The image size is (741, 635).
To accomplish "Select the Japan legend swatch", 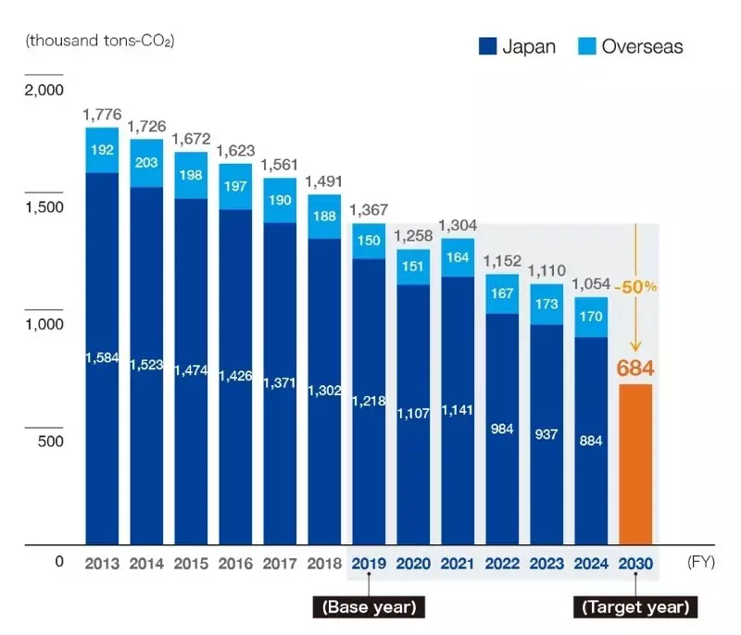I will pyautogui.click(x=487, y=46).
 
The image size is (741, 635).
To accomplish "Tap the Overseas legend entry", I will pyautogui.click(x=629, y=46).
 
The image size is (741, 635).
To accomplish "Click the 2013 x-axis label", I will pyautogui.click(x=102, y=563).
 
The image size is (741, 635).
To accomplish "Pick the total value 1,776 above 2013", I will pyautogui.click(x=102, y=114).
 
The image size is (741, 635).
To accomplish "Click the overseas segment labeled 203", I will pyautogui.click(x=146, y=163).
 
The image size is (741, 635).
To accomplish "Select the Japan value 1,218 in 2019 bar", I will pyautogui.click(x=369, y=401).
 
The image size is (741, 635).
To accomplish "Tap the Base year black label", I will pyautogui.click(x=369, y=607).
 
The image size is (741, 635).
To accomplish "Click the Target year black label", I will pyautogui.click(x=635, y=607).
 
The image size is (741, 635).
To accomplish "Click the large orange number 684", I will pyautogui.click(x=635, y=368).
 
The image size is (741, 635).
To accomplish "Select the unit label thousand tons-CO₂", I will pyautogui.click(x=101, y=41).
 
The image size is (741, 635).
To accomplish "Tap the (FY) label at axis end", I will pyautogui.click(x=700, y=562).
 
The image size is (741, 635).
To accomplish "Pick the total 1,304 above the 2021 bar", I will pyautogui.click(x=458, y=225).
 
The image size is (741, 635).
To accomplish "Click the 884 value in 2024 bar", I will pyautogui.click(x=591, y=441).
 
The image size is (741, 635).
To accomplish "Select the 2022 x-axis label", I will pyautogui.click(x=502, y=563).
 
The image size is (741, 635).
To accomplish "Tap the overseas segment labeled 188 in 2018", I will pyautogui.click(x=324, y=217).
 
